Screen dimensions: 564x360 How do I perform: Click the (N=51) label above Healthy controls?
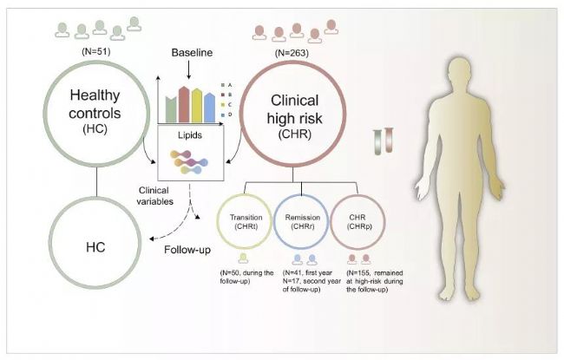pyautogui.click(x=95, y=51)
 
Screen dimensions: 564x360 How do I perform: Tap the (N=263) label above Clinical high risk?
pyautogui.click(x=292, y=53)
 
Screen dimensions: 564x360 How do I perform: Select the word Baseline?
pyautogui.click(x=192, y=53)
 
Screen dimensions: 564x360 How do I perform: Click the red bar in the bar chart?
pyautogui.click(x=184, y=104)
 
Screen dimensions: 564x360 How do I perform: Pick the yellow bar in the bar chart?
pyautogui.click(x=197, y=105)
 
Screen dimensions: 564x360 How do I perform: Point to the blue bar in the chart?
pyautogui.click(x=209, y=108)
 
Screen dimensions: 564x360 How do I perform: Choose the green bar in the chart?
pyautogui.click(x=171, y=109)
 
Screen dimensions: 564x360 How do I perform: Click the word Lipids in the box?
pyautogui.click(x=190, y=135)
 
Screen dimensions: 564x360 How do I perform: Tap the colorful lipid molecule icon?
pyautogui.click(x=189, y=162)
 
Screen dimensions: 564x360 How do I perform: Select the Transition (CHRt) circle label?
pyautogui.click(x=246, y=222)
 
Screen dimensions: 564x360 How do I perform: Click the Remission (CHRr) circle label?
pyautogui.click(x=303, y=222)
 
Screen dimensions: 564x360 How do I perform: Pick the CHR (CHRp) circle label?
pyautogui.click(x=357, y=222)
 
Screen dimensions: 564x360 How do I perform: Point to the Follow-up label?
pyautogui.click(x=187, y=250)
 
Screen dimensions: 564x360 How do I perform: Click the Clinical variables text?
pyautogui.click(x=154, y=196)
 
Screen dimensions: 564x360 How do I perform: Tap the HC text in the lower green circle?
pyautogui.click(x=95, y=247)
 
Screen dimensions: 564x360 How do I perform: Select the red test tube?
pyautogui.click(x=389, y=140)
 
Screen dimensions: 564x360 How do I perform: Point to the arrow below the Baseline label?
pyautogui.click(x=188, y=70)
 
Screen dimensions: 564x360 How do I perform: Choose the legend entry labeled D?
pyautogui.click(x=226, y=115)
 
